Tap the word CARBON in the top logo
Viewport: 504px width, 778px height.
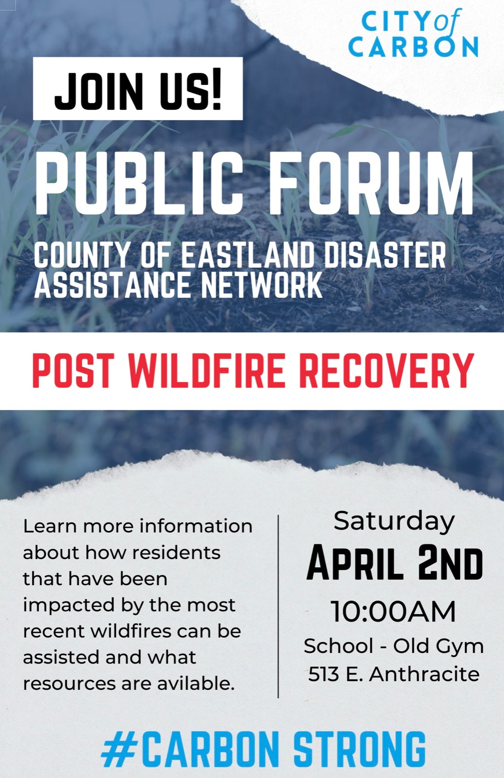(x=413, y=47)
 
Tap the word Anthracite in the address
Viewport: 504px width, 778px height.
(x=424, y=674)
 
